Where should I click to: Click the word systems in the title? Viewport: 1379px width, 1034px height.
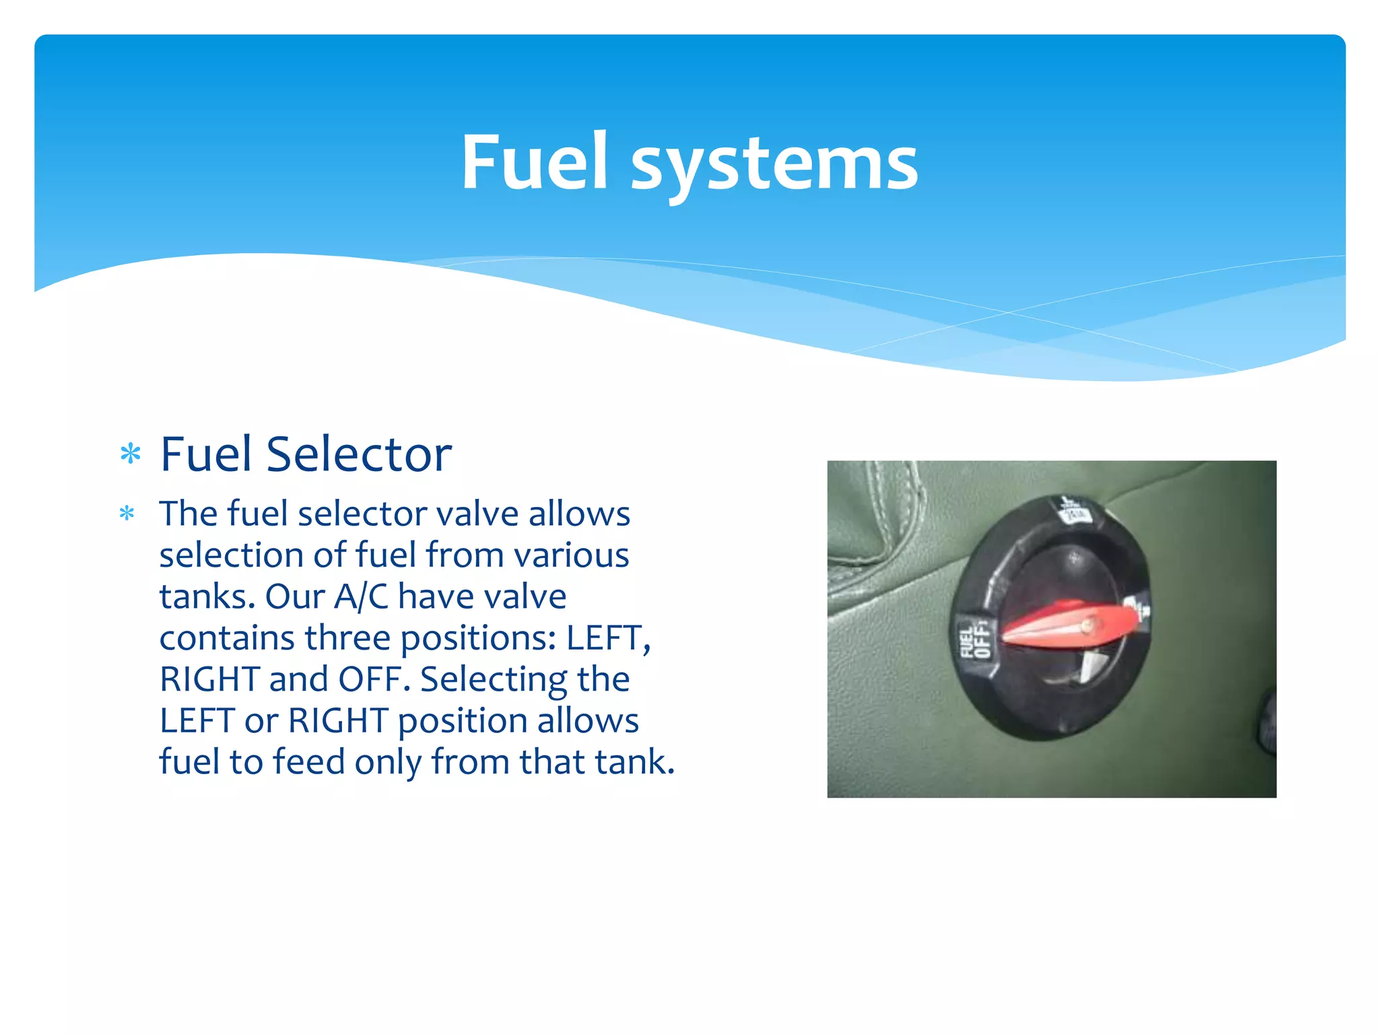pos(774,165)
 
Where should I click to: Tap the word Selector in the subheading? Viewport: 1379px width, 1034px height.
pos(359,455)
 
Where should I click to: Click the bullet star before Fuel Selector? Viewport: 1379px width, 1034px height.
pos(131,454)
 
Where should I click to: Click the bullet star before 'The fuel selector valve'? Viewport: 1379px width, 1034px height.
pos(127,514)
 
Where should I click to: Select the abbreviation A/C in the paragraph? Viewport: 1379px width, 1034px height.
pos(362,596)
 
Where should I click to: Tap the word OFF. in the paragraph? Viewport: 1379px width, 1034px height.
pos(374,679)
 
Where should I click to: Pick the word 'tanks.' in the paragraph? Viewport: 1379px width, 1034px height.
pos(207,596)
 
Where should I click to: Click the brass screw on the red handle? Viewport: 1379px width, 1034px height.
pos(1085,627)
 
